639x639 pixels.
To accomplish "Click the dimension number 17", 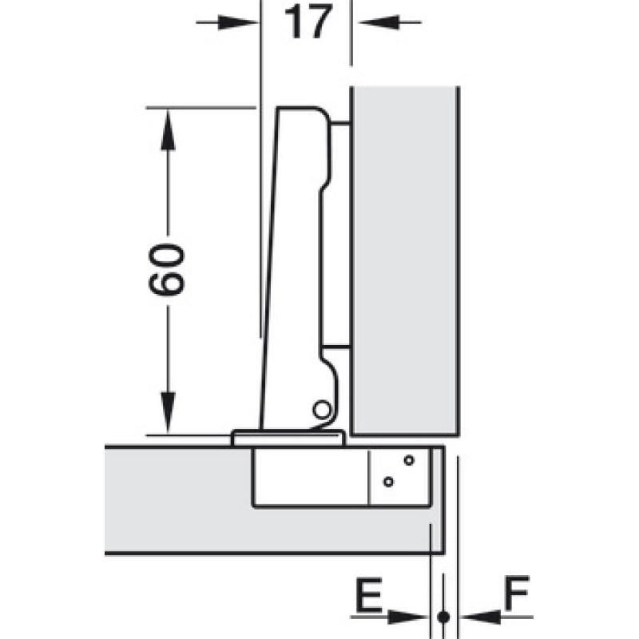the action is pyautogui.click(x=308, y=22).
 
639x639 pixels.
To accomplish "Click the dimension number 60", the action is pyautogui.click(x=167, y=269).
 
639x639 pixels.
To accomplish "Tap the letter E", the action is pyautogui.click(x=369, y=594).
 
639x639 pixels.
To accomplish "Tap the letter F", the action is pyautogui.click(x=517, y=593).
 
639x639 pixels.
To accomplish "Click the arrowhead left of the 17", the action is pyautogui.click(x=239, y=22).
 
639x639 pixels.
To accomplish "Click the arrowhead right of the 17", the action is pyautogui.click(x=378, y=22).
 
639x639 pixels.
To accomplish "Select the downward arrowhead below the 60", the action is pyautogui.click(x=168, y=412).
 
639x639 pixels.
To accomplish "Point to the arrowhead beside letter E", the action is pyautogui.click(x=407, y=617).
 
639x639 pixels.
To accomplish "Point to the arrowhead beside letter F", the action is pyautogui.click(x=481, y=617).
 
